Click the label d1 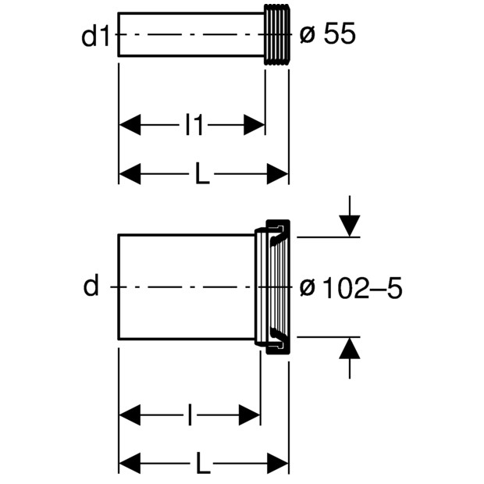96,36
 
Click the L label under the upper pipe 202,174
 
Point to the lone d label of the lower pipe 91,287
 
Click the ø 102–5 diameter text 351,288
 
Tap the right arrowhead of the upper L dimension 278,174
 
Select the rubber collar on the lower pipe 273,287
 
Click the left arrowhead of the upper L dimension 130,174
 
